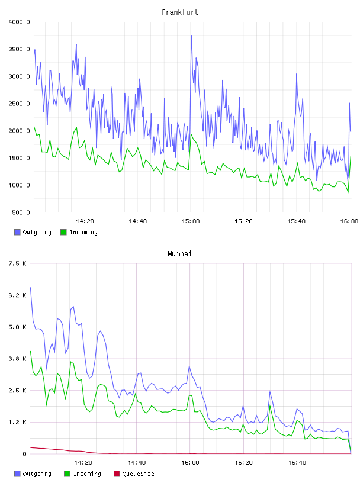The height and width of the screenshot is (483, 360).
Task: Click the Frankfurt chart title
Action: click(180, 12)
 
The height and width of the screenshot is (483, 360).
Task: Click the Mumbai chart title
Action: click(179, 254)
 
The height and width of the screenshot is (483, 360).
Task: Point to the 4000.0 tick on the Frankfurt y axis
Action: click(19, 22)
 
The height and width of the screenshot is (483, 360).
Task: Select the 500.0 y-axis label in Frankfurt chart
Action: click(21, 212)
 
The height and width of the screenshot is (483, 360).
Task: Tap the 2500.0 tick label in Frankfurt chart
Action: click(19, 104)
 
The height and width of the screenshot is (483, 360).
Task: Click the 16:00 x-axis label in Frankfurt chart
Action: click(349, 221)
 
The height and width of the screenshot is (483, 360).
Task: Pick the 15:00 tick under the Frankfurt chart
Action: click(191, 221)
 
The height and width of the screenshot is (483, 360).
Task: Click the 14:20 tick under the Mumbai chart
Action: click(83, 463)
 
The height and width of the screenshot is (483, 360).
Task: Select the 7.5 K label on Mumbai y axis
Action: click(17, 263)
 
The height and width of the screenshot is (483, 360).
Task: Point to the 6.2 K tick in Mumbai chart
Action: click(17, 295)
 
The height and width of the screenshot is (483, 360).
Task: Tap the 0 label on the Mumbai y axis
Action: click(24, 454)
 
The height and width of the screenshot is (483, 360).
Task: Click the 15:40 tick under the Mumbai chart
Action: click(297, 463)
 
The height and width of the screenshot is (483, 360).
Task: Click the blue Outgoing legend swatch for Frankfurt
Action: click(17, 232)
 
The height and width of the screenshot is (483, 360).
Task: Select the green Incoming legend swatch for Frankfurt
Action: click(63, 232)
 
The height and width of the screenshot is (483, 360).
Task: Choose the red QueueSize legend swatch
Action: click(117, 474)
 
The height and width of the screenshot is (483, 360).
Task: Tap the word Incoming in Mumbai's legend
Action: click(87, 474)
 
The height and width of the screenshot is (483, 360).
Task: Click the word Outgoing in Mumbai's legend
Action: click(37, 474)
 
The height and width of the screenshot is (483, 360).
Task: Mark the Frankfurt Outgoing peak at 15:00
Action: click(191, 36)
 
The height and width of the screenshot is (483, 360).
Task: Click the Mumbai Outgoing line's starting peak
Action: click(30, 288)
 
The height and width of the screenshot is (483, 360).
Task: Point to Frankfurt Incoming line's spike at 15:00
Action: click(191, 134)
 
